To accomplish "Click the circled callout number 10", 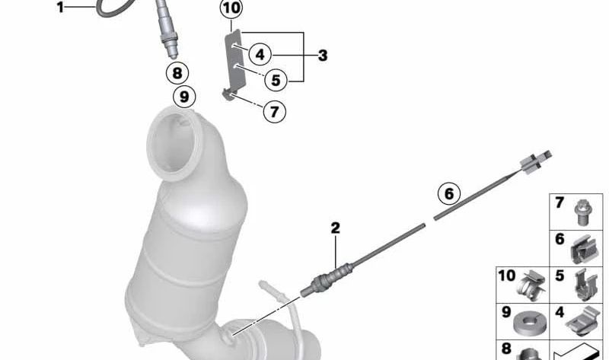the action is click(231, 8).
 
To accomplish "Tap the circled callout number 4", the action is click(260, 54).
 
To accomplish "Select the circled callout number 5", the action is click(276, 81).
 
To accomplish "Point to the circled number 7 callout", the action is click(274, 112).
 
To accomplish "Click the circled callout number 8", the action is click(177, 73).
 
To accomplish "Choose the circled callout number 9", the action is click(184, 97).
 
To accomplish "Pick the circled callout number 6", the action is click(449, 193).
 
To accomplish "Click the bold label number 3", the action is click(323, 56).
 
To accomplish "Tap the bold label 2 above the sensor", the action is click(335, 228).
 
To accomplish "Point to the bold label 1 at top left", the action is click(60, 7).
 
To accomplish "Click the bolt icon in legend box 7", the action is click(581, 212).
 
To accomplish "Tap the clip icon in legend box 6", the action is click(584, 249).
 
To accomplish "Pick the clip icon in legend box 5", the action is click(585, 285).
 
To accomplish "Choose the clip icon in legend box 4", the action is click(582, 320).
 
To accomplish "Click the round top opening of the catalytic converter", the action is click(174, 145).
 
